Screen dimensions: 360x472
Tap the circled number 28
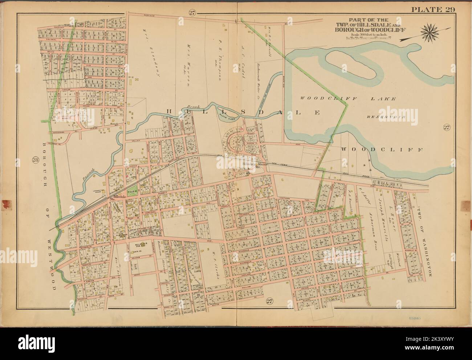click(35, 159)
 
